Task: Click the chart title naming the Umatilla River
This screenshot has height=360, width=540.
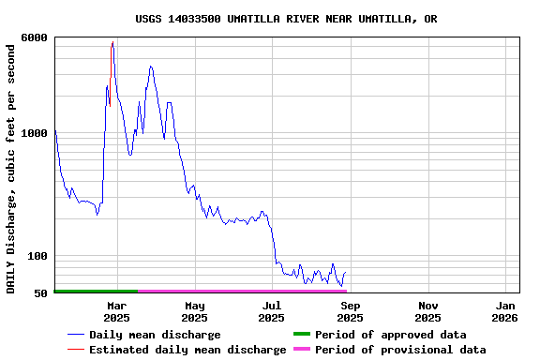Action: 286,19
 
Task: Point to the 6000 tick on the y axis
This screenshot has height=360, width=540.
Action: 36,37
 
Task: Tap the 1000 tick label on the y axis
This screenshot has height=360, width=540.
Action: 36,133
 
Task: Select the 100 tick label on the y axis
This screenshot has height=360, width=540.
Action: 38,256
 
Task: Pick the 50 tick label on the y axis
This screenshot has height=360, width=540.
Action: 41,293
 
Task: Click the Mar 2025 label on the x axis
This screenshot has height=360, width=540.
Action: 117,311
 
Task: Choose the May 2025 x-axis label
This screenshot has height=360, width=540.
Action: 195,311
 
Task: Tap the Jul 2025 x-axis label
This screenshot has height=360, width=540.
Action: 272,311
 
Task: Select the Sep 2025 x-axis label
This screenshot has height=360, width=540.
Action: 350,311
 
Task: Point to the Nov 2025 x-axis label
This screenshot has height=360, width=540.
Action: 427,311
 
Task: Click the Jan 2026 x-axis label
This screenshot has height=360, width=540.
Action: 505,311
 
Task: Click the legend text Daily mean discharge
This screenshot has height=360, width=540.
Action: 155,335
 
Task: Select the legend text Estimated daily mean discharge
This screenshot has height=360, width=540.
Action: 187,350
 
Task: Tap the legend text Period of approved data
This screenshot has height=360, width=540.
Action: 390,335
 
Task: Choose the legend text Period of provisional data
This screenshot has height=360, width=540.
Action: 400,350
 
